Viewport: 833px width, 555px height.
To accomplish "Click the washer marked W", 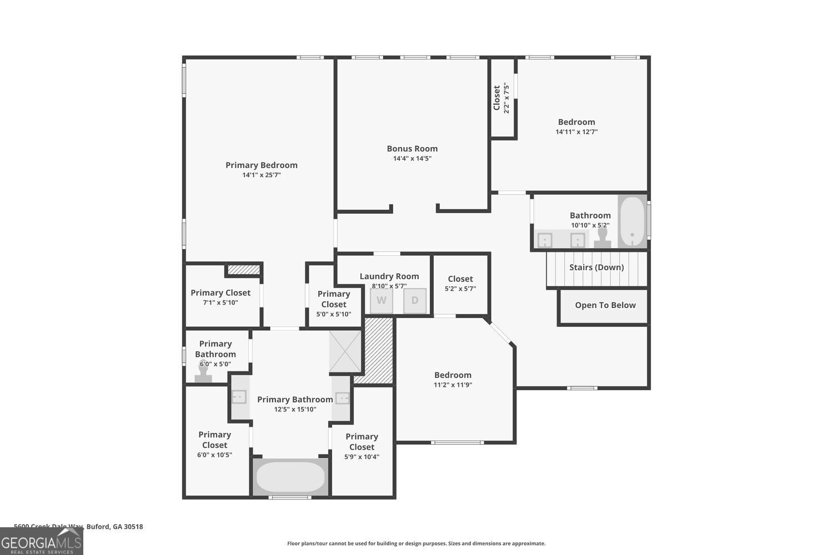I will pos(382,301).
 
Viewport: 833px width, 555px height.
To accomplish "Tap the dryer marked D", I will pos(415,301).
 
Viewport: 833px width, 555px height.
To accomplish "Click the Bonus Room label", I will pos(412,149).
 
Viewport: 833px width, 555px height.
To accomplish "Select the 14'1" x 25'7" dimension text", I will pos(261,175).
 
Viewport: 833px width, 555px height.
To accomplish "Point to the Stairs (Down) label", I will pos(596,268).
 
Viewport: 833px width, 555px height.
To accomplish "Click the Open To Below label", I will pos(605,305).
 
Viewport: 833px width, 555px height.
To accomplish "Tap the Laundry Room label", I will pos(389,276).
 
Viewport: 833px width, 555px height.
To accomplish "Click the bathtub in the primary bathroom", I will pos(290,477).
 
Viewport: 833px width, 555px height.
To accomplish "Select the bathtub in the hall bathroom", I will pos(632,221).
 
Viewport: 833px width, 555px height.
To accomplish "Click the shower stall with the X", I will pos(345,351).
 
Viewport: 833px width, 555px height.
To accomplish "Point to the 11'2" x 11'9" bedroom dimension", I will pos(453,385).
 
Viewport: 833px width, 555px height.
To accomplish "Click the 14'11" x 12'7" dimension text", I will pos(576,132).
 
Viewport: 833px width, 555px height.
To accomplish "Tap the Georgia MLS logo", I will pos(41,542).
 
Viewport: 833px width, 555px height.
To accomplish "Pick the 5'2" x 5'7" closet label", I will pos(460,289).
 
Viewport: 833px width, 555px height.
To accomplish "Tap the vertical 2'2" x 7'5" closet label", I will pos(506,98).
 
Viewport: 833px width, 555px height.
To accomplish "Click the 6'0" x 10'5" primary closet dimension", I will pos(214,455).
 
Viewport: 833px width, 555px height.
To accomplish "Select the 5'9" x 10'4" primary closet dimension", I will pos(362,457).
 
